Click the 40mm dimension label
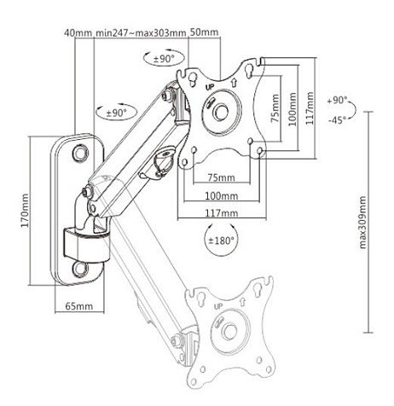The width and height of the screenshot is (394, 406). [x=78, y=33]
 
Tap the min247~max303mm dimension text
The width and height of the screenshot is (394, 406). [x=141, y=33]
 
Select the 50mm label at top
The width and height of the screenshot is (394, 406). [x=204, y=32]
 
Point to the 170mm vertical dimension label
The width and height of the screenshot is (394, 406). [x=25, y=211]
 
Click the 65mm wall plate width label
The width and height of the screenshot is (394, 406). [x=79, y=306]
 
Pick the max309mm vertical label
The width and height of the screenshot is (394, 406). [x=362, y=223]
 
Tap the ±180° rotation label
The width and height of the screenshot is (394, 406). [x=222, y=241]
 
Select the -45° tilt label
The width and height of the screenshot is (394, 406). [x=337, y=120]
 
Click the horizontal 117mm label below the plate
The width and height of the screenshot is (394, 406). [x=222, y=212]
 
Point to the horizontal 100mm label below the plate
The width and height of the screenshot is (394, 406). [x=222, y=195]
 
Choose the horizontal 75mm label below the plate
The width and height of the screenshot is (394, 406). [x=222, y=177]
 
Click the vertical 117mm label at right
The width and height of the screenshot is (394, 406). [x=310, y=108]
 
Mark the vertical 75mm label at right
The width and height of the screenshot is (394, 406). [x=275, y=108]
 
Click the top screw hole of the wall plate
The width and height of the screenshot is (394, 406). [x=80, y=153]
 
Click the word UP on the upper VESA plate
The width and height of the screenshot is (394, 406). [x=209, y=87]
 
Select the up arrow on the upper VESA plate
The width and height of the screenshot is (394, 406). [x=234, y=83]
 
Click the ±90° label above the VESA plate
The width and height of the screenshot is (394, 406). [x=164, y=59]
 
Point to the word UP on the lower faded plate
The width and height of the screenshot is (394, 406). [x=218, y=306]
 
